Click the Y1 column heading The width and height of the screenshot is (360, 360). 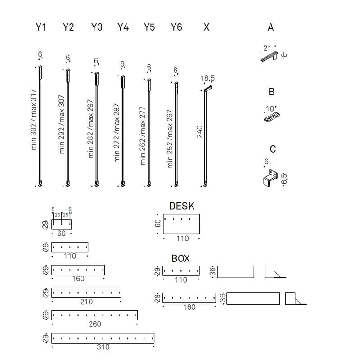41,27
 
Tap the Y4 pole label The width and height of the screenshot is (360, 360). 123,27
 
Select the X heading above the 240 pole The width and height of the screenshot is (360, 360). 207,27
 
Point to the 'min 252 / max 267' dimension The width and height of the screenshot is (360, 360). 170,138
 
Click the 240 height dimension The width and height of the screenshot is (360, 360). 200,132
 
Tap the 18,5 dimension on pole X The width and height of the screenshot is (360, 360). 207,78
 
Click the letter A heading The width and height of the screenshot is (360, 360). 270,27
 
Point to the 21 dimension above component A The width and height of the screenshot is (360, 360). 268,48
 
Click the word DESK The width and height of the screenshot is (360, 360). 182,206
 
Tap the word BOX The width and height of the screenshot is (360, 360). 180,258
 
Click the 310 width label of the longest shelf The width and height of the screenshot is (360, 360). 103,347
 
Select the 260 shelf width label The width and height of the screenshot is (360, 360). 95,324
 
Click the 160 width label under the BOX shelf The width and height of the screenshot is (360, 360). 189,307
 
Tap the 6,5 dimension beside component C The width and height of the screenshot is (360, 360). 284,178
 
